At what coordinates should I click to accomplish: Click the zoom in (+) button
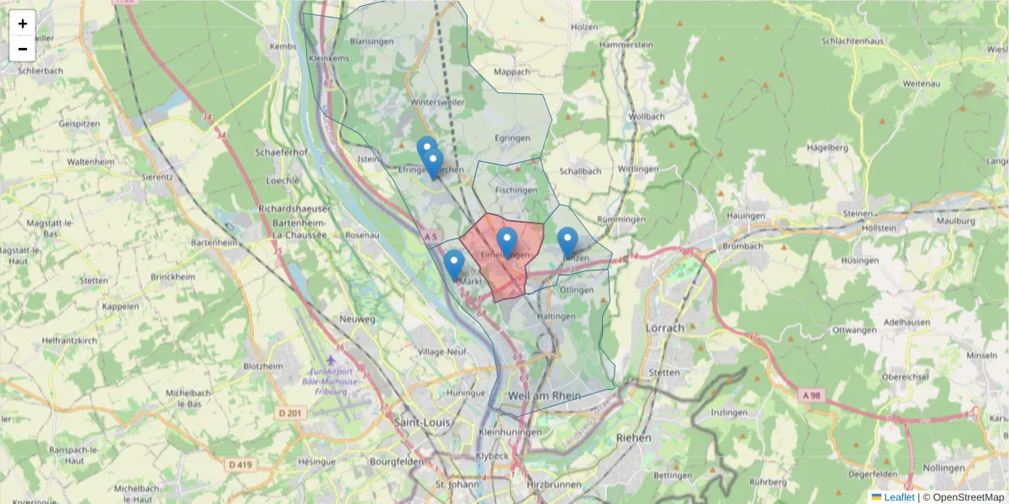(23, 24)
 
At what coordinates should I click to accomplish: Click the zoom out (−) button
(23, 49)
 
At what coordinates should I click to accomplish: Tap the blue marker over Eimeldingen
(506, 242)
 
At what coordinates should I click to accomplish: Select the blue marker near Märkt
(454, 264)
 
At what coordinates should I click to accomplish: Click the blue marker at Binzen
(568, 242)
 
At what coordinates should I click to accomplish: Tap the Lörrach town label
(664, 328)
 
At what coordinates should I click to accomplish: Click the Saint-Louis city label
(424, 423)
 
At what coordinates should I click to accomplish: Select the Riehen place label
(633, 438)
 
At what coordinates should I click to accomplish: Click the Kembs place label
(283, 48)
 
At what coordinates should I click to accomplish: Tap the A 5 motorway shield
(431, 238)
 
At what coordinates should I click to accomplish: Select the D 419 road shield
(240, 464)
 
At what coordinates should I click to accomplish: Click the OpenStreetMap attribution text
(964, 497)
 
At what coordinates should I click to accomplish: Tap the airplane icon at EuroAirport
(329, 360)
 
